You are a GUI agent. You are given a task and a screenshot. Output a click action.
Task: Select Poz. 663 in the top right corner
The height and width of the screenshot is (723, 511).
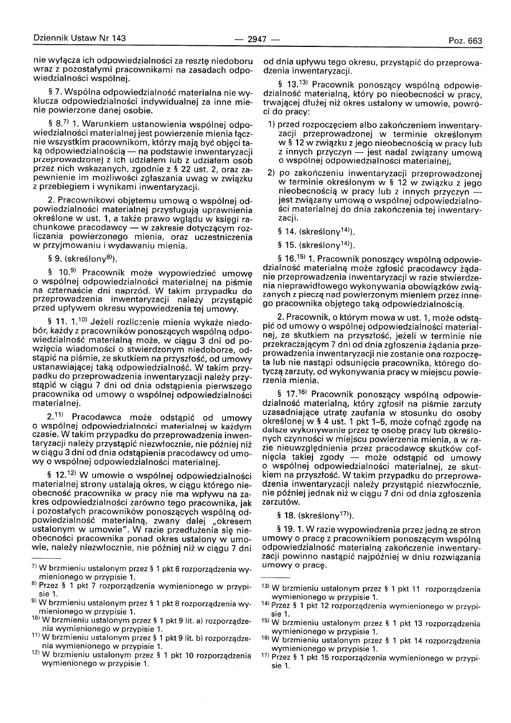coord(466,41)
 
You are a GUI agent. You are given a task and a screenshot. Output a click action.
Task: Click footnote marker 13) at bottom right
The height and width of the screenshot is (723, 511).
coord(265,587)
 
